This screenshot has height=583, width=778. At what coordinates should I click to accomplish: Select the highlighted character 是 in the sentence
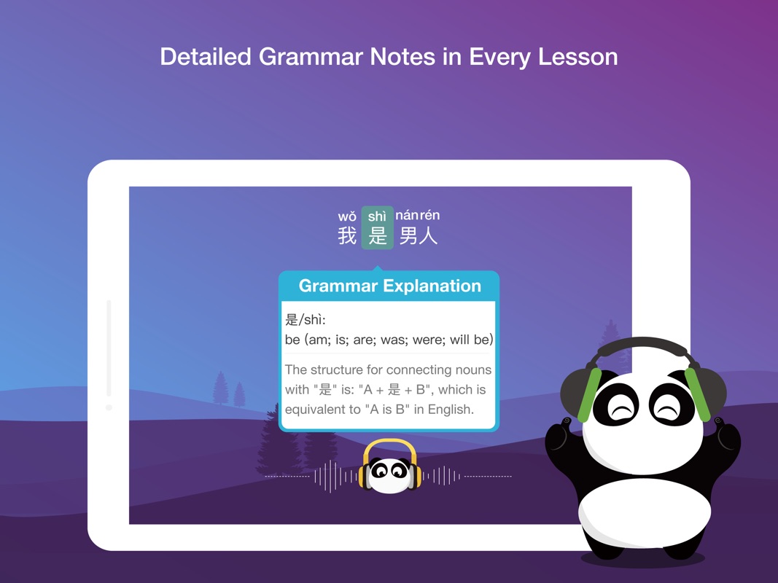coord(378,235)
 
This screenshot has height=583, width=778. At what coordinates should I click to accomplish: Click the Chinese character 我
coord(347,236)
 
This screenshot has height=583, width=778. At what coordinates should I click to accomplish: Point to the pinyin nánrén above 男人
coord(418,216)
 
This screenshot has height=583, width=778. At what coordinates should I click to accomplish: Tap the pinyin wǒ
coord(347,216)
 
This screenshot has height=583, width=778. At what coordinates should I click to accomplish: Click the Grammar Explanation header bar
coord(389,286)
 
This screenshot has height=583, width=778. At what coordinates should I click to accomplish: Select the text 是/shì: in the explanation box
coord(305,320)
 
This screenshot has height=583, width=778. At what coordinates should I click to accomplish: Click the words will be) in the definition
coord(473,340)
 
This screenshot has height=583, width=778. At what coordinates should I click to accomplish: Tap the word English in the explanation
coord(450,410)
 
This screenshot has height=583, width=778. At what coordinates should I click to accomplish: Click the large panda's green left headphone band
coord(588,394)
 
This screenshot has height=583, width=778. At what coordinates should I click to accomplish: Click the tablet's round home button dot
coord(109,407)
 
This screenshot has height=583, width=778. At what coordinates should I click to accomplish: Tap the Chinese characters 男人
coord(419,236)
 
